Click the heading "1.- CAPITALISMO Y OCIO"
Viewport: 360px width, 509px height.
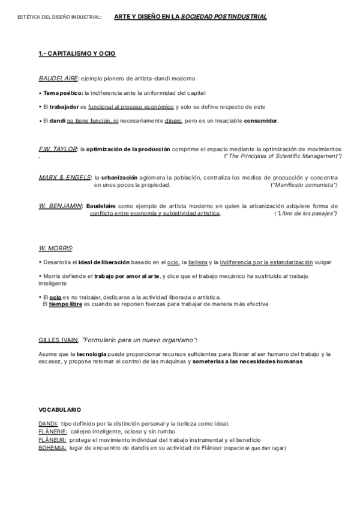click(77, 54)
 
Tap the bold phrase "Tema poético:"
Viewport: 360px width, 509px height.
click(62, 92)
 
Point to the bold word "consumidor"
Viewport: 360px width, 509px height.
click(261, 121)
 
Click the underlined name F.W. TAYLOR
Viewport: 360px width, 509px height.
click(58, 149)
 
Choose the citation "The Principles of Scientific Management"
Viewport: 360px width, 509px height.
click(281, 156)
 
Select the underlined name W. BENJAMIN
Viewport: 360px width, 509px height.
click(60, 206)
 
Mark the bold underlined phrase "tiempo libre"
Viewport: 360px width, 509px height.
click(65, 304)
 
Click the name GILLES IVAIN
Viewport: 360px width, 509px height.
click(58, 339)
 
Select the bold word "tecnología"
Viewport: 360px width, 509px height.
click(92, 354)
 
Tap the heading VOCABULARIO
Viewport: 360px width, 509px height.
click(59, 409)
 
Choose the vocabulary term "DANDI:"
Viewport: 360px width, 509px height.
click(48, 424)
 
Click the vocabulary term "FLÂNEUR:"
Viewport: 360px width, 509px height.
click(52, 440)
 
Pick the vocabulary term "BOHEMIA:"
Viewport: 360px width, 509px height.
click(52, 448)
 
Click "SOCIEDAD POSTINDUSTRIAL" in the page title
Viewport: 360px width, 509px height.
click(224, 17)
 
